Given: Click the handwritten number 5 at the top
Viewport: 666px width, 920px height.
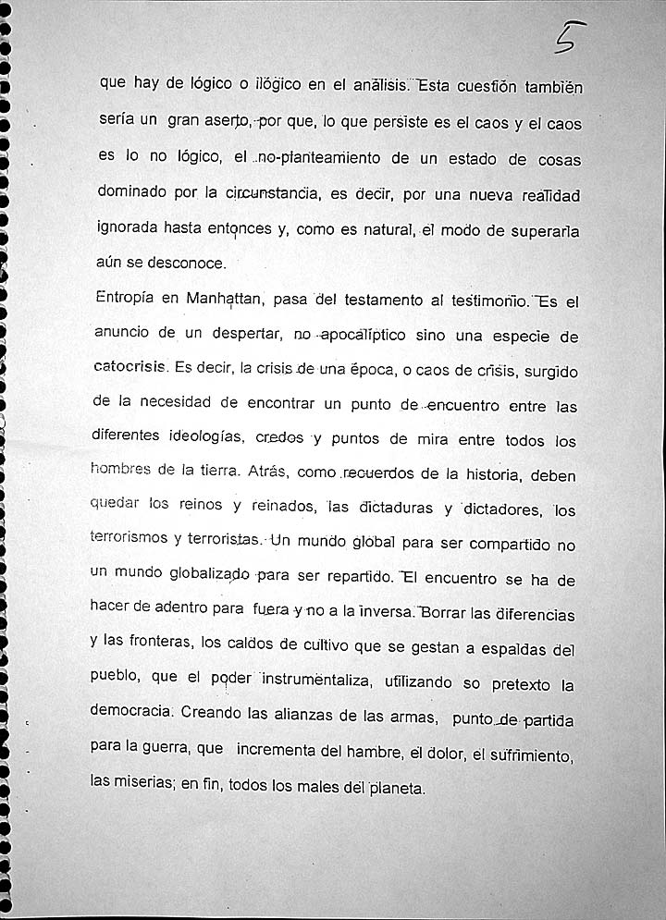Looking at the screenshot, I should [569, 38].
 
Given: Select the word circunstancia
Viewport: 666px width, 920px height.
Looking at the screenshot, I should [272, 193].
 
